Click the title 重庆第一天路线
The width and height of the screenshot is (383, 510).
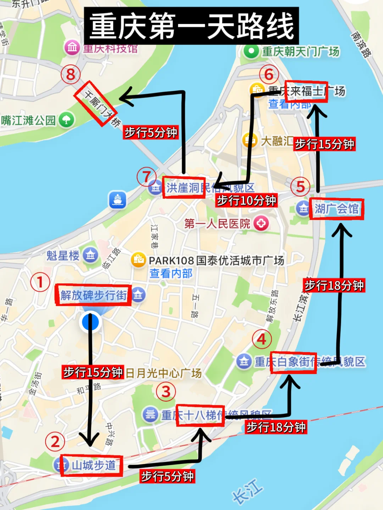point(191,26)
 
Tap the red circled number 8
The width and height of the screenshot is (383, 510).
point(71,74)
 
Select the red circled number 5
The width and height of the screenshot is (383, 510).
point(300,187)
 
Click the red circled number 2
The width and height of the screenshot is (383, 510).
point(55,442)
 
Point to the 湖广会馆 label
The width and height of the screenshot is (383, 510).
point(337,209)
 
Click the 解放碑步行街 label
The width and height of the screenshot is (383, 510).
point(93,295)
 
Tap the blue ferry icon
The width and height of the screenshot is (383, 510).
point(117,200)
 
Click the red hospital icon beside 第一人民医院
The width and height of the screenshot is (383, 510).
point(261,223)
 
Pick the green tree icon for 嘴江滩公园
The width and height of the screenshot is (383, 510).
point(66,120)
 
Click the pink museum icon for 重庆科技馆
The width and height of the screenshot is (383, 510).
point(72,47)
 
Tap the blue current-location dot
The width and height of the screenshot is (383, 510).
point(90,322)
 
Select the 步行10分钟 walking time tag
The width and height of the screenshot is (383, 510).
point(246,200)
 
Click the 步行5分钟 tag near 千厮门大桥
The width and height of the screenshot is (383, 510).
point(151,132)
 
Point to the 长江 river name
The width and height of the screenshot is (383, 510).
point(248,491)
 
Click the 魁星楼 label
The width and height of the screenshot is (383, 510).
point(63,255)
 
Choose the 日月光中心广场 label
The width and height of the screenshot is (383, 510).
point(163,373)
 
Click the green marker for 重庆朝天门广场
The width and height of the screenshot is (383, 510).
point(251,51)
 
